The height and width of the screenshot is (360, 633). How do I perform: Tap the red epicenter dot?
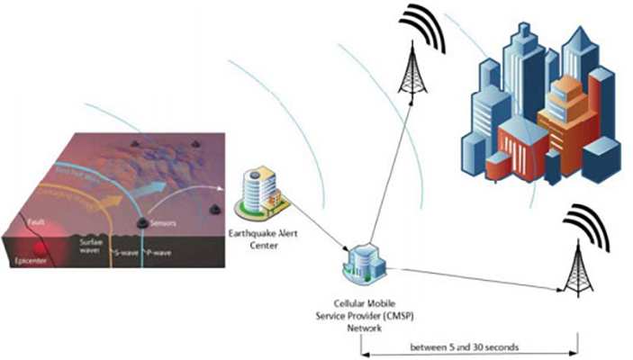pos(39,247)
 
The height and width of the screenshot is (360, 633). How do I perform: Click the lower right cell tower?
pos(574,261)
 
